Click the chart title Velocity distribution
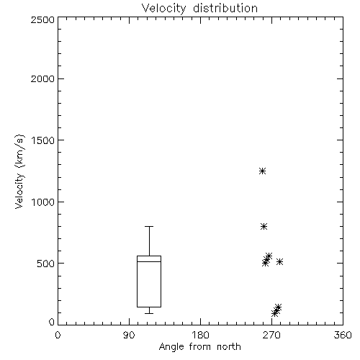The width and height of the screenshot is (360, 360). pyautogui.click(x=199, y=9)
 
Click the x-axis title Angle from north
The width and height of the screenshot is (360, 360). pyautogui.click(x=199, y=347)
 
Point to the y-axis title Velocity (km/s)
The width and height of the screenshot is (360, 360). pyautogui.click(x=19, y=171)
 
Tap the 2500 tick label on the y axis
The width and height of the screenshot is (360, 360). pyautogui.click(x=42, y=19)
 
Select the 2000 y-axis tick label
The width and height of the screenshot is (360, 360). pyautogui.click(x=42, y=78)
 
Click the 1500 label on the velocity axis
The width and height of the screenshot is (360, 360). pyautogui.click(x=43, y=140)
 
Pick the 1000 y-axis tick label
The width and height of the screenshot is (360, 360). pyautogui.click(x=43, y=202)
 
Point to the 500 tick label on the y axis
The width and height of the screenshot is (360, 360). pyautogui.click(x=46, y=264)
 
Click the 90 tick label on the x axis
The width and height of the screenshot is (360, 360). pyautogui.click(x=129, y=335)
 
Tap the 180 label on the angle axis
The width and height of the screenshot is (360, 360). pyautogui.click(x=200, y=335)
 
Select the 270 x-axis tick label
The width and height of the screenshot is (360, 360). pyautogui.click(x=271, y=335)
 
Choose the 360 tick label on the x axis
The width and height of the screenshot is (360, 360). pyautogui.click(x=343, y=335)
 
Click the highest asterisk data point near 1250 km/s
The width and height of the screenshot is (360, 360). pyautogui.click(x=262, y=171)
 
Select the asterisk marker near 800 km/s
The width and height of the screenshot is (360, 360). pyautogui.click(x=264, y=227)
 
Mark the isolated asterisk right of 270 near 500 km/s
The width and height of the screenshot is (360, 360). pyautogui.click(x=279, y=261)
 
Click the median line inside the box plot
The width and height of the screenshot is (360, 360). pyautogui.click(x=149, y=261)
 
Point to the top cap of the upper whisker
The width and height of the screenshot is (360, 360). pyautogui.click(x=149, y=226)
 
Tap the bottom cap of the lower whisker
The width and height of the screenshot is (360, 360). pyautogui.click(x=149, y=313)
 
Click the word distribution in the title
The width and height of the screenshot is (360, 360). pyautogui.click(x=225, y=9)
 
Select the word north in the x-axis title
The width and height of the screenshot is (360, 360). pyautogui.click(x=229, y=346)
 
